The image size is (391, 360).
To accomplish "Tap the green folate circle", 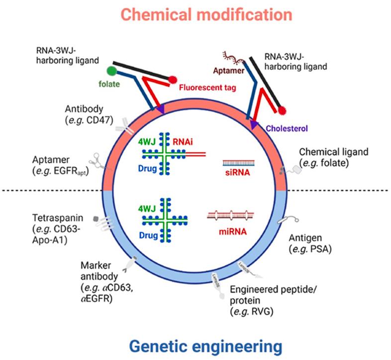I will pos(112,71).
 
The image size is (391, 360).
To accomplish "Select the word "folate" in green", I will pos(109,84).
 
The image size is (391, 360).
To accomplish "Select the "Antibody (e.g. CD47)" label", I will pos(90,115).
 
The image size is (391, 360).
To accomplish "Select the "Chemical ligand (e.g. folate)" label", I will pos(326,157).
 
